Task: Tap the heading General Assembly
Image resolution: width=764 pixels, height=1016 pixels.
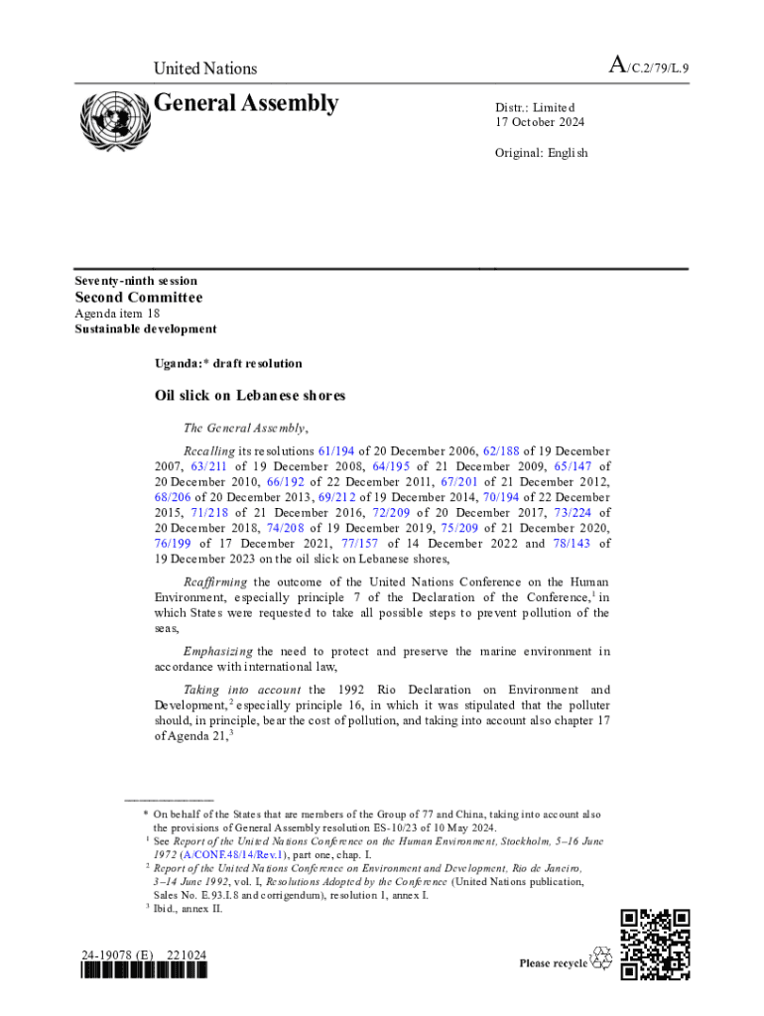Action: click(x=246, y=104)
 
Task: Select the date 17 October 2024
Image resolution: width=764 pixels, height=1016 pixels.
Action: click(x=540, y=123)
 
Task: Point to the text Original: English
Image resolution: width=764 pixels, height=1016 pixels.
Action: click(x=542, y=153)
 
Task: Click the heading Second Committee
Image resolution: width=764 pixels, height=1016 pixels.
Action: click(x=139, y=298)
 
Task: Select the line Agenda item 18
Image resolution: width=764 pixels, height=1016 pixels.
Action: click(x=118, y=314)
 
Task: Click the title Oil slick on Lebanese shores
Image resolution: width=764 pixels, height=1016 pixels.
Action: click(x=250, y=395)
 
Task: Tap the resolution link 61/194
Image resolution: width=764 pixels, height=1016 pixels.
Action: click(x=336, y=450)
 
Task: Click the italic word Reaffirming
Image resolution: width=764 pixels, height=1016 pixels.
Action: click(x=215, y=581)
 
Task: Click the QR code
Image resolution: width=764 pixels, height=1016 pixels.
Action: click(x=655, y=945)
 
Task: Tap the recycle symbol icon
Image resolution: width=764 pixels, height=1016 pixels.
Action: click(x=601, y=958)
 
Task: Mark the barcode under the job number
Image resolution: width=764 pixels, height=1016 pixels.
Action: click(x=146, y=972)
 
